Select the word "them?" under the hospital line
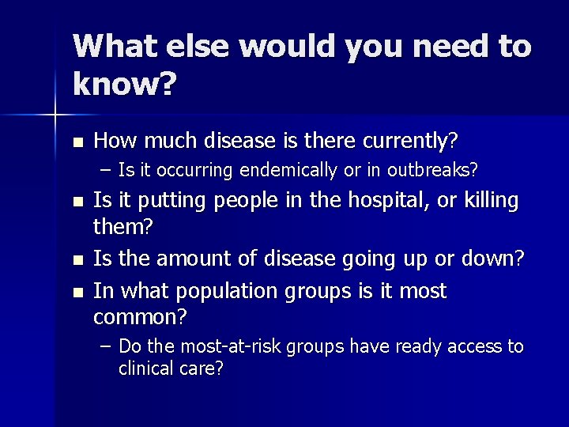pos(123,229)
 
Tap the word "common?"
pos(140,318)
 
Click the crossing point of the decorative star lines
pos(56,115)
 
